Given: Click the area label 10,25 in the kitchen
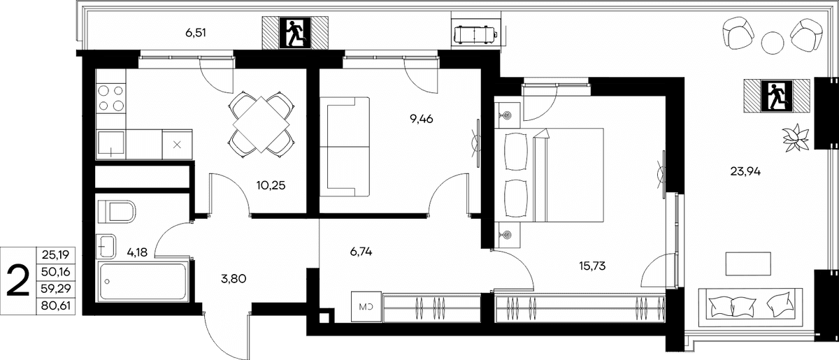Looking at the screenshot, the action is [271, 185].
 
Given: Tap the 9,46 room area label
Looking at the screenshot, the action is [422, 119].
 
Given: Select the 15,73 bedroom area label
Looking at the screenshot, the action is [592, 266].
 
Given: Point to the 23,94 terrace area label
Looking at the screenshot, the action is [745, 171].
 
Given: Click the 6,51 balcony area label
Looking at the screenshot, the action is [196, 33].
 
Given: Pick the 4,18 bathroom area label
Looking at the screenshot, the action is [137, 252].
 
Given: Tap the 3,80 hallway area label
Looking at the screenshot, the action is [234, 279].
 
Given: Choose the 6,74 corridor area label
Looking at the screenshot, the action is [361, 252].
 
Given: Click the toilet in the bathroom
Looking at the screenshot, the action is [117, 212].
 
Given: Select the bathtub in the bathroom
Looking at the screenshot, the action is [143, 281].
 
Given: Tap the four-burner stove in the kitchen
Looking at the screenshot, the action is [111, 98].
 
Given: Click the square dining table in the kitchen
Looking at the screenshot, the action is [261, 124].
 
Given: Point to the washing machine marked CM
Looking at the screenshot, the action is [366, 307].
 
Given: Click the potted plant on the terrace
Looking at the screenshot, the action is [796, 138].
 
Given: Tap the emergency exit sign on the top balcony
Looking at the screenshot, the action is [295, 33].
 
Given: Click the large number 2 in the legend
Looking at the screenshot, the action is [18, 280].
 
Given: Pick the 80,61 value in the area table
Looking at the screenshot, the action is [56, 306].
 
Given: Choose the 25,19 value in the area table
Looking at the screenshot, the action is [56, 255].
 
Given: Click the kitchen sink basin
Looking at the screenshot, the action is [111, 144].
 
